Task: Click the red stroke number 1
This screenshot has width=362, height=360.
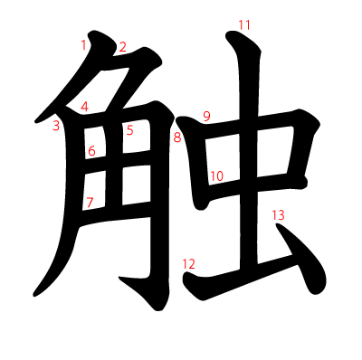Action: (83, 43)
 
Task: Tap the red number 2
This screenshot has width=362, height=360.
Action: (123, 47)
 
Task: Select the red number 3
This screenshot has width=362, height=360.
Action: (56, 126)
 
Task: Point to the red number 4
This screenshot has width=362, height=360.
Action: (84, 107)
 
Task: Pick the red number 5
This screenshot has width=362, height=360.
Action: (129, 130)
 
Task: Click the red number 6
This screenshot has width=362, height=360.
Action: (91, 151)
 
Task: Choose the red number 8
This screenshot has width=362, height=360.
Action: (177, 137)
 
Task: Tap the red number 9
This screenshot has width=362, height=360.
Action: (206, 116)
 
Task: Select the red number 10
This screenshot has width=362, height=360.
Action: (216, 176)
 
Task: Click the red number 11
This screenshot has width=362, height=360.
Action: (244, 24)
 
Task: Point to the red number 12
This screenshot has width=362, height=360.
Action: (188, 264)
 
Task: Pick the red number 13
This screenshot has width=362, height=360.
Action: (278, 215)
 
